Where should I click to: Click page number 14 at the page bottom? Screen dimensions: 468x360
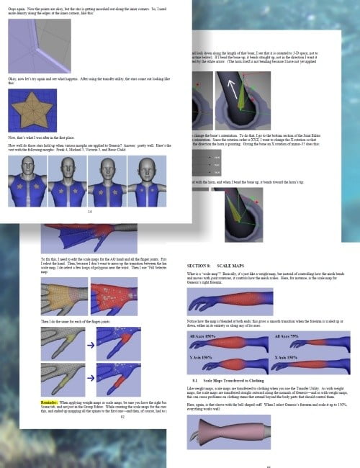click(90, 211)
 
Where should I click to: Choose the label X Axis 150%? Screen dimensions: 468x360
click(287, 357)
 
